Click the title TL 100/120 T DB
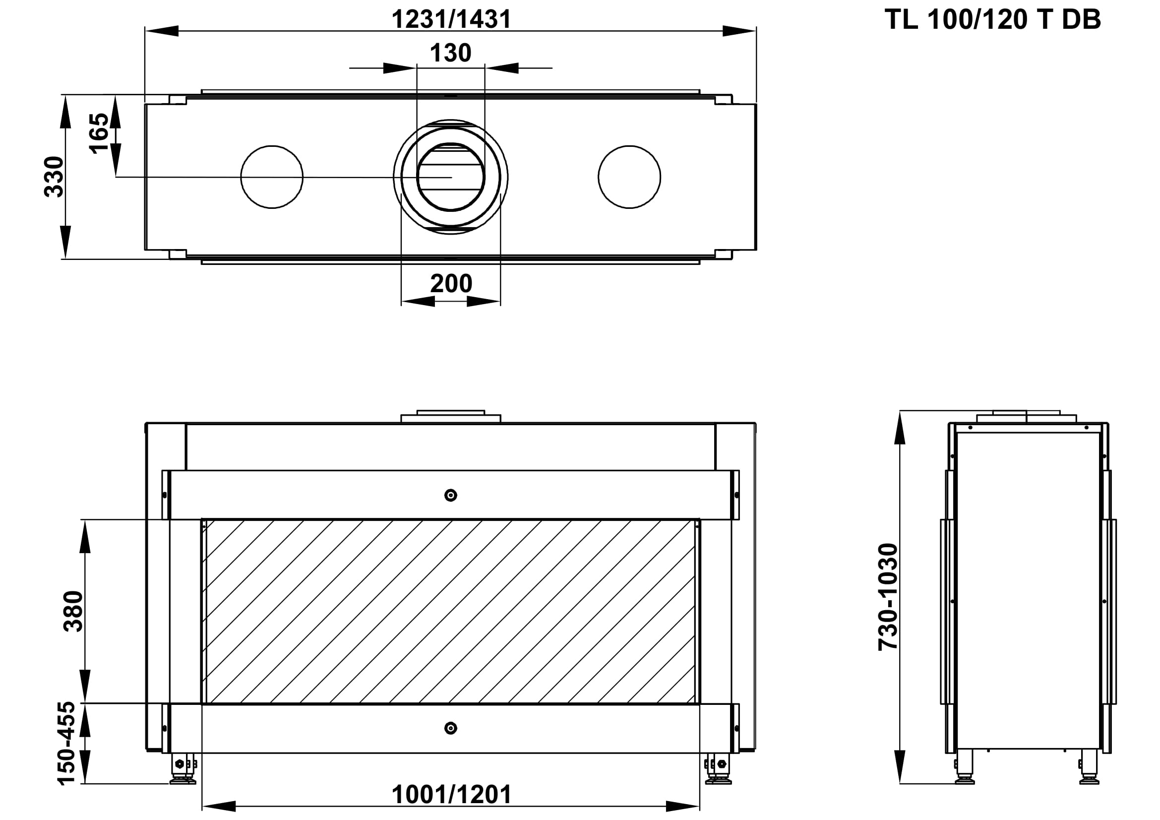tap(992, 20)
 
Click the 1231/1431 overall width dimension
tap(451, 20)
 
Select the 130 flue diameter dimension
tap(451, 53)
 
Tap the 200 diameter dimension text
tap(451, 283)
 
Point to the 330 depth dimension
tap(54, 177)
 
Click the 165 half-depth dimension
tap(99, 133)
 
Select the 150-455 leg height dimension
tap(66, 743)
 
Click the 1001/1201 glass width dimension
tap(451, 795)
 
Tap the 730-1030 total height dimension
tap(888, 597)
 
